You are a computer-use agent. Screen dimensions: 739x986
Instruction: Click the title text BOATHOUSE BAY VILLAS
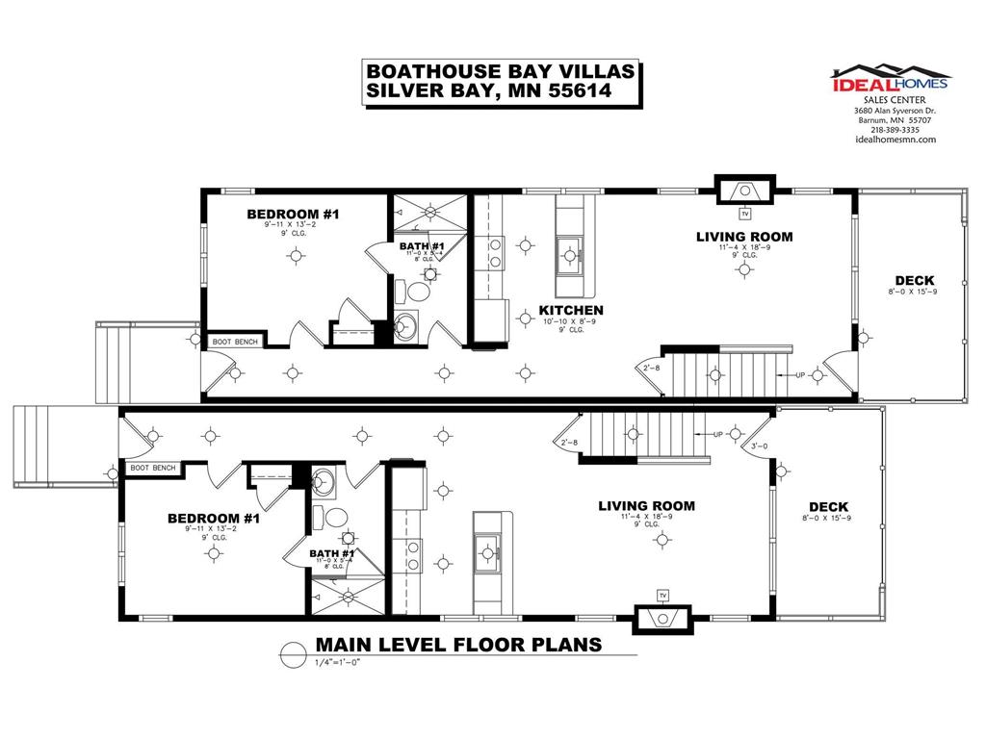coord(499,72)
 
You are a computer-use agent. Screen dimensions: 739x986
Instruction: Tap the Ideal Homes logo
coord(891,79)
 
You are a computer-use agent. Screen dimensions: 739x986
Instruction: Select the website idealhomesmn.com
coord(895,140)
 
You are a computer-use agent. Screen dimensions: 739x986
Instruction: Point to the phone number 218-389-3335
coord(895,130)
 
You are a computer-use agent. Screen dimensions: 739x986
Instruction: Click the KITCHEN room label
coord(571,310)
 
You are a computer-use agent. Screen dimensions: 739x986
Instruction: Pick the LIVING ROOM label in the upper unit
coord(744,237)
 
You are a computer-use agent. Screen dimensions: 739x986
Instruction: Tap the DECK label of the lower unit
coord(828,507)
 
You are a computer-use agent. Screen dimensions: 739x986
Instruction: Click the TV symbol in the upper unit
coord(744,214)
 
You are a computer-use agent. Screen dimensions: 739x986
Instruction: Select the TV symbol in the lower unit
coord(662,595)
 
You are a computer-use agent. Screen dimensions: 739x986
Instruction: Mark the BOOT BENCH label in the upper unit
coord(234,341)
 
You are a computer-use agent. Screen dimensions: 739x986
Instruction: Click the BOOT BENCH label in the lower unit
coord(153,469)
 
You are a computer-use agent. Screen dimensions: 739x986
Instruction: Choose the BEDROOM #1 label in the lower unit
coord(214,519)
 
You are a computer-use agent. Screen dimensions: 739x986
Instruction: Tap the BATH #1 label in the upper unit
coord(422,246)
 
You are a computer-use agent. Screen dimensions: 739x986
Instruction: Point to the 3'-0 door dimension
coord(760,445)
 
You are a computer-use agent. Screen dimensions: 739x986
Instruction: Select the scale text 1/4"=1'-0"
coord(341,663)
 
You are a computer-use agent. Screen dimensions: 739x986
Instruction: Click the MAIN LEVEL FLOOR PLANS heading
coord(458,645)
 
